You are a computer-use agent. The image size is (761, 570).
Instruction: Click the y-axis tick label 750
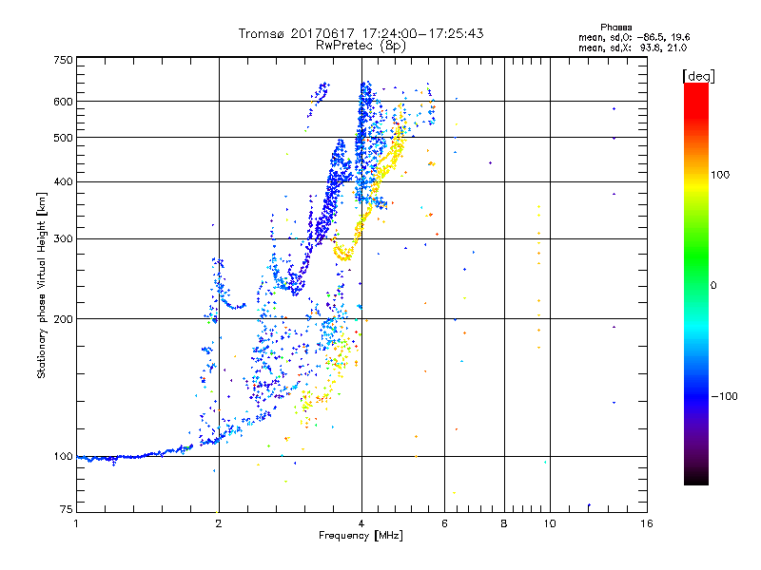click(63, 60)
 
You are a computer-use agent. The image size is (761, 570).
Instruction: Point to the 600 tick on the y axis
click(63, 102)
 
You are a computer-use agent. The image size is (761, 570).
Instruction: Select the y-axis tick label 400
click(63, 182)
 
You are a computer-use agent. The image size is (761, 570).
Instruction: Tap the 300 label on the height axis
click(63, 239)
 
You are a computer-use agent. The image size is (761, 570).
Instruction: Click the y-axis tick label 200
click(63, 319)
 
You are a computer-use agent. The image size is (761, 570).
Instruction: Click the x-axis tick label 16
click(646, 523)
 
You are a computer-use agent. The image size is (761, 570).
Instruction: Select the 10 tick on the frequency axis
click(549, 523)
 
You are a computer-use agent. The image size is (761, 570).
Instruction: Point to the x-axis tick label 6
click(444, 523)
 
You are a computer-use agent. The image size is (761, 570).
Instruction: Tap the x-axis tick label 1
click(76, 523)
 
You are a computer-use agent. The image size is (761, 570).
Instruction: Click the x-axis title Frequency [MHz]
click(361, 536)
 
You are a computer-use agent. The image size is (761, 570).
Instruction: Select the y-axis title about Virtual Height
click(42, 284)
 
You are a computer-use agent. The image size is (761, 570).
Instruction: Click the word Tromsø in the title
click(262, 33)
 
